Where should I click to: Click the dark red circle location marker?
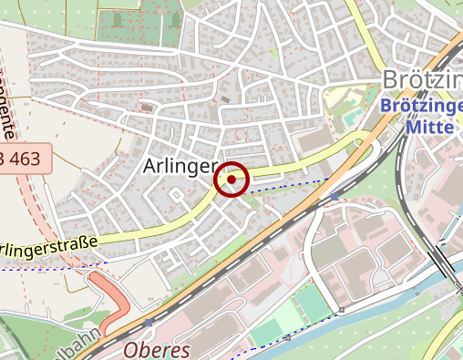232,180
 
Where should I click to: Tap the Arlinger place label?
179,167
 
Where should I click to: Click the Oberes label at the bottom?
156,350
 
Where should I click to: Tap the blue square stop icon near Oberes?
149,323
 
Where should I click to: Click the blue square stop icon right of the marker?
334,196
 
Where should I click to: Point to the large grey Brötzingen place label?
424,80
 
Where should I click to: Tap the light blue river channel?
365,314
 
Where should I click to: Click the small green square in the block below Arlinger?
174,194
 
